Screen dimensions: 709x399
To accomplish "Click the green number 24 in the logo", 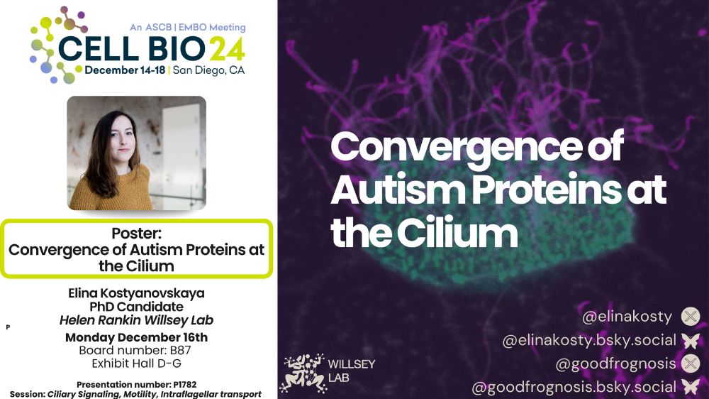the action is click(x=228, y=48).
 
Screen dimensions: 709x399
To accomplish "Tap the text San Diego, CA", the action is click(x=208, y=70).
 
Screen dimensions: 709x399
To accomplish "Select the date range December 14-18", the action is click(x=125, y=70).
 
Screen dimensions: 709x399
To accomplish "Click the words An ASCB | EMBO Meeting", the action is click(x=188, y=27).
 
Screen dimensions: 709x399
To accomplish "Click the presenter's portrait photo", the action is click(x=137, y=153).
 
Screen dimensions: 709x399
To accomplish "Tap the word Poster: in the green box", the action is click(x=137, y=234).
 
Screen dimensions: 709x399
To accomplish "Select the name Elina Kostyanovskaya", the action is click(x=137, y=293).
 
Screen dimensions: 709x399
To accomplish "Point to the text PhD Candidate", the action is click(x=137, y=307).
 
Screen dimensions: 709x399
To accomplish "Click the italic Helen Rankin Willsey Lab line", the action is click(x=137, y=320).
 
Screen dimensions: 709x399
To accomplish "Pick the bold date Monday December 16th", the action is click(x=137, y=337).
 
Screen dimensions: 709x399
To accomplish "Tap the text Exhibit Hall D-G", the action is click(x=137, y=364).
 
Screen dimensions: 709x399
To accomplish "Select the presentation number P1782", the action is click(x=185, y=385).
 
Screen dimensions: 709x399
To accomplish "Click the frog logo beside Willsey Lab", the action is click(x=303, y=373).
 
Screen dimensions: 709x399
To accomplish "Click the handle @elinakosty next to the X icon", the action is click(x=627, y=317).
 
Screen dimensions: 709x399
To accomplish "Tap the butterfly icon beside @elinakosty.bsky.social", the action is click(x=691, y=341).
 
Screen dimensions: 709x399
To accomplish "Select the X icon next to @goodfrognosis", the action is click(x=691, y=364).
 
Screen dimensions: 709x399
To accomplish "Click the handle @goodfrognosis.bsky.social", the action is click(x=574, y=387).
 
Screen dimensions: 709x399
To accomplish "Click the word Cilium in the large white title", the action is click(x=457, y=233).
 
